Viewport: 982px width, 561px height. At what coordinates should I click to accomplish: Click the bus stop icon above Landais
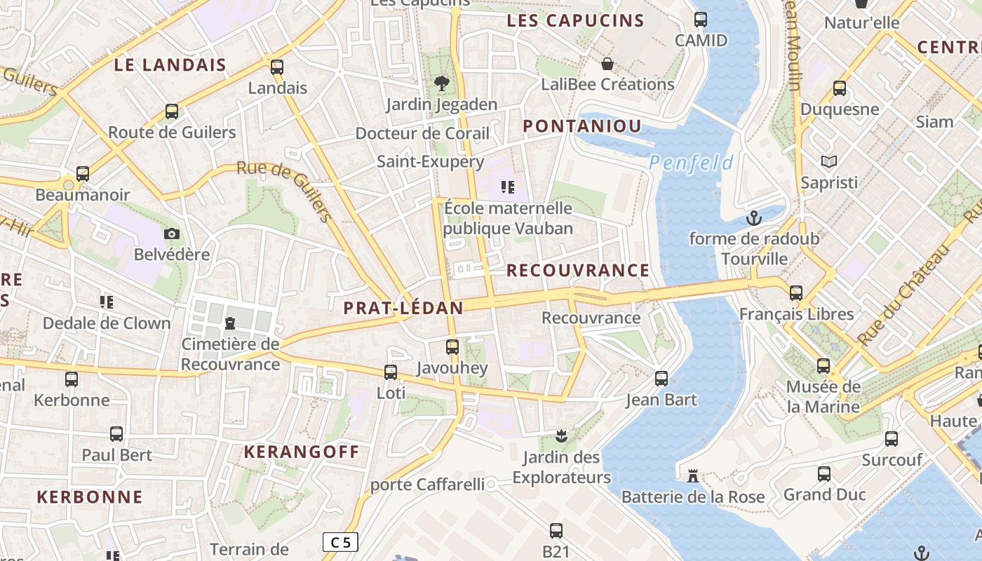[x=277, y=67]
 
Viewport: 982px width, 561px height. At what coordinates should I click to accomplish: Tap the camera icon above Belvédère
[x=172, y=234]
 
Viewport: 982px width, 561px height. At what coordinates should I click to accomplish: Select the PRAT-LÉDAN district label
[x=403, y=308]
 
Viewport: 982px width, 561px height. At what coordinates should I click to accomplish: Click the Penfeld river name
[x=691, y=163]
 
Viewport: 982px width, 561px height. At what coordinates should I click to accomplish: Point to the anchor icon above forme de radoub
[x=754, y=218]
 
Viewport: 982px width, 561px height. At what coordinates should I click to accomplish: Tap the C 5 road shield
[x=340, y=542]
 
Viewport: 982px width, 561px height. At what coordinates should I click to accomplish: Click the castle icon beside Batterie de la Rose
[x=693, y=477]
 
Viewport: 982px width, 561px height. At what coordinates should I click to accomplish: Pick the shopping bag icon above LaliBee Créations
[x=607, y=64]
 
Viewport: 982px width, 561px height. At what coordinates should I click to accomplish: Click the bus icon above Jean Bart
[x=661, y=379]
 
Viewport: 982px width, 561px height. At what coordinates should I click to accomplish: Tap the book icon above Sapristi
[x=829, y=162]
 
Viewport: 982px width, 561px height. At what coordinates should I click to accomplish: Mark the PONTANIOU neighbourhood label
[x=582, y=126]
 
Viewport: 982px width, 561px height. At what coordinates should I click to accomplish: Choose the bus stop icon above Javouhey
[x=452, y=346]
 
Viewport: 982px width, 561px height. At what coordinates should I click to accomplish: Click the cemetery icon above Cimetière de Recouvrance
[x=229, y=323]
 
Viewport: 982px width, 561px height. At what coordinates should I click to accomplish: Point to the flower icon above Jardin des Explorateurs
[x=560, y=437]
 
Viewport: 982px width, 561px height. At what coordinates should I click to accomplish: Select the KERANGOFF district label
[x=301, y=452]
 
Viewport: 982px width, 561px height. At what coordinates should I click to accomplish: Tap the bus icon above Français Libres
[x=796, y=293]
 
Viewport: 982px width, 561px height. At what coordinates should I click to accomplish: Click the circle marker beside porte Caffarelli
[x=492, y=485]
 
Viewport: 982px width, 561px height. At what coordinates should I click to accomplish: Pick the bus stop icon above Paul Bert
[x=116, y=434]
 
